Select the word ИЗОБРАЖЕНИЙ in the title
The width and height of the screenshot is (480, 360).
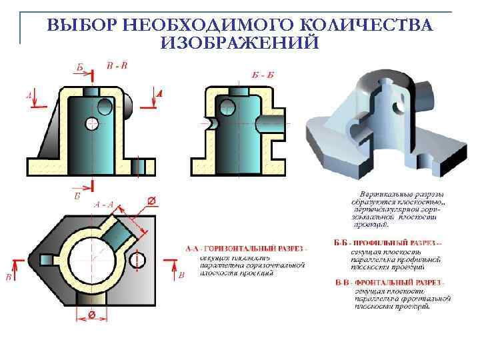pyautogui.click(x=239, y=43)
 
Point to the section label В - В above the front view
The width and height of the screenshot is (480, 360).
pyautogui.click(x=117, y=65)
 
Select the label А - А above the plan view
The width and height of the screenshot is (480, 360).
pyautogui.click(x=103, y=204)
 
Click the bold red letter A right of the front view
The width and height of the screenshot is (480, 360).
pyautogui.click(x=159, y=94)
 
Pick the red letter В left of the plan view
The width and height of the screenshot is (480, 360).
pyautogui.click(x=9, y=275)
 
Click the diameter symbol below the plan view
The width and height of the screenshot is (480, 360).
pyautogui.click(x=91, y=314)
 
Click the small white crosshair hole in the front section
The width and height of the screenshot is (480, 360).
pyautogui.click(x=92, y=124)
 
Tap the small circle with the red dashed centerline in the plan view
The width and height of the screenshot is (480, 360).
pyautogui.click(x=139, y=259)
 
